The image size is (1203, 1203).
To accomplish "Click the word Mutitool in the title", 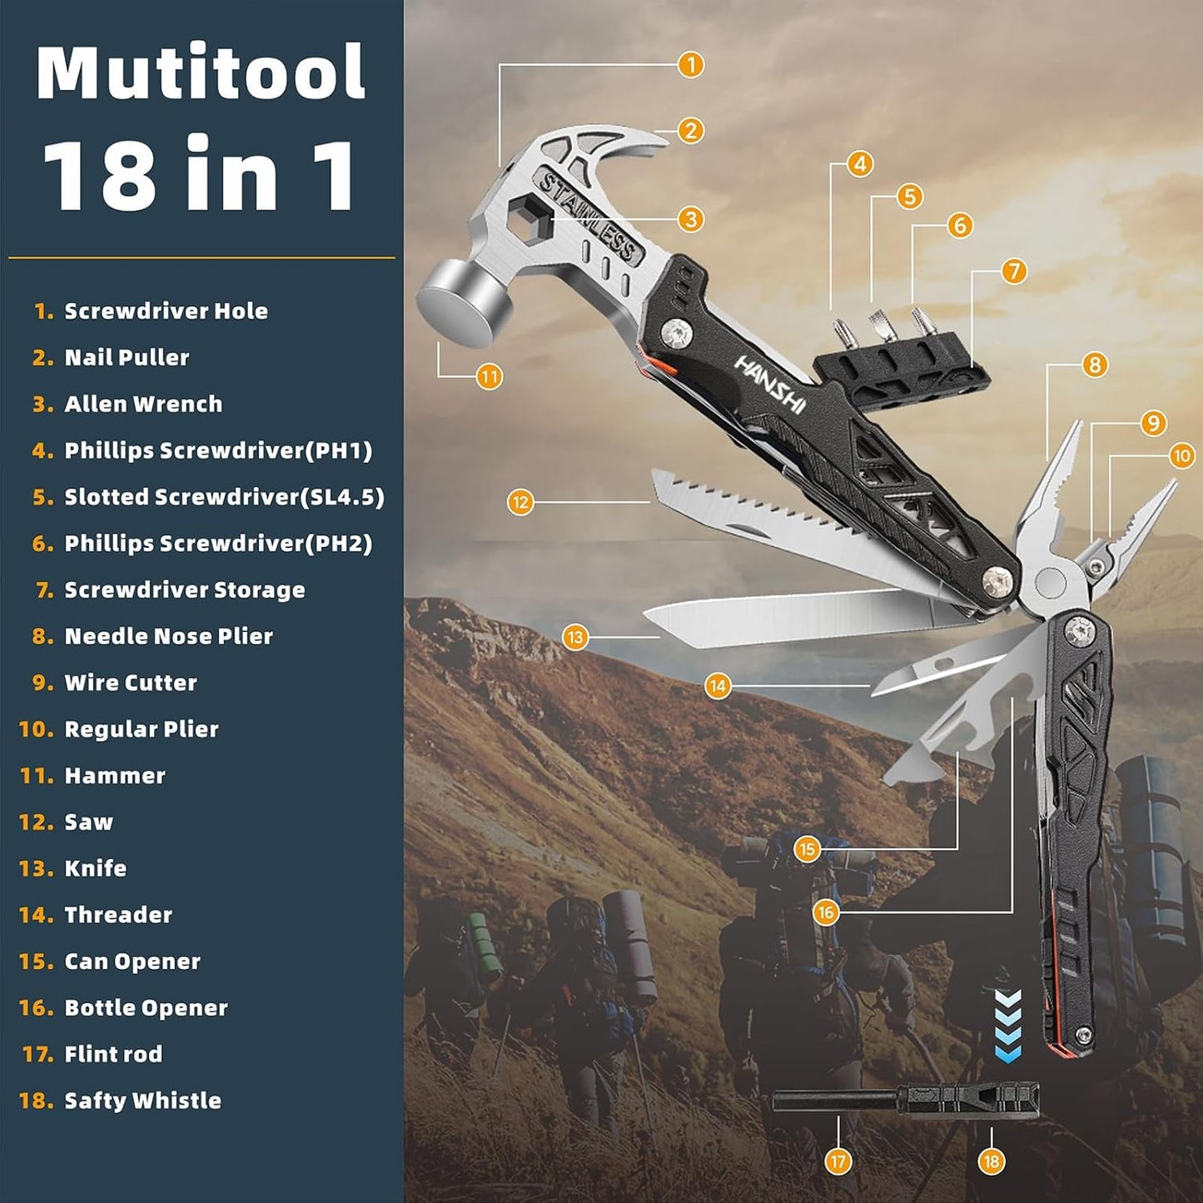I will tap(201, 73).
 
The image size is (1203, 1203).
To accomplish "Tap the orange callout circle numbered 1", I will tap(690, 64).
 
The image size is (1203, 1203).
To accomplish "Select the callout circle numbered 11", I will tap(490, 376).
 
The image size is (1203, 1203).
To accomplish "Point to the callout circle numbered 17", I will tap(838, 1161).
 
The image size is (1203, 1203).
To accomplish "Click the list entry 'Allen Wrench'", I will tap(143, 404).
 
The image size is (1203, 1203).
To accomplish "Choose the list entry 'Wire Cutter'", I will tap(131, 683).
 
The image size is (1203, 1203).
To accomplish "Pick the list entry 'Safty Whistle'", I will tap(142, 1101).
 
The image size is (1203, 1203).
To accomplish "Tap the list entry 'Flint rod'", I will tap(113, 1054).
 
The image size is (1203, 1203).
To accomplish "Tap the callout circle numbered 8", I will tap(1094, 365).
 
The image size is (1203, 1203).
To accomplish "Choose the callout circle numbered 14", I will tap(718, 686).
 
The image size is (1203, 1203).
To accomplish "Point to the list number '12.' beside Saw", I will tap(36, 823).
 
